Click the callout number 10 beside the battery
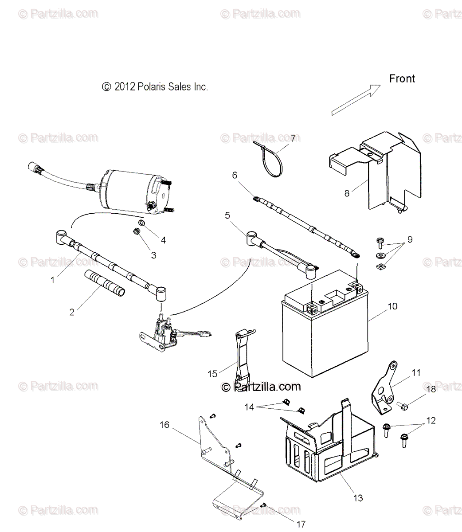(392, 306)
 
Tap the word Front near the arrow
(402, 79)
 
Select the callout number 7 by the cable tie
(293, 138)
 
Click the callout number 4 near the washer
(163, 240)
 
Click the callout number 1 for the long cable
(52, 280)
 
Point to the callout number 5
(227, 215)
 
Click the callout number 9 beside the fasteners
(410, 239)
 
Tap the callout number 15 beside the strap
(212, 374)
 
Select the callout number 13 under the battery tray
(358, 498)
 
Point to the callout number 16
(164, 425)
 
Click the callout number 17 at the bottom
(301, 524)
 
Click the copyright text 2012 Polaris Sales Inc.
(155, 87)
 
